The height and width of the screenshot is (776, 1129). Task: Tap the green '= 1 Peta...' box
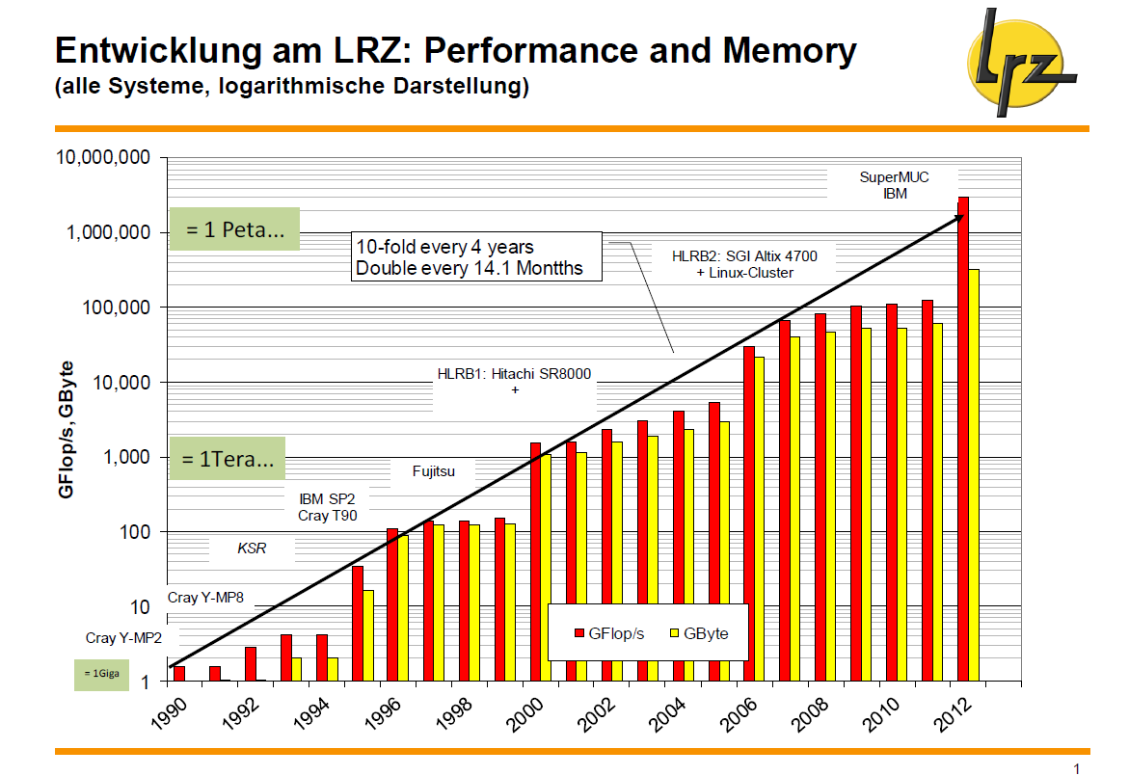point(234,229)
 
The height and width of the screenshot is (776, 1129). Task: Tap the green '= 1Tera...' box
point(228,459)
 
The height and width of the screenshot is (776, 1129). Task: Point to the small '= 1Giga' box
point(101,674)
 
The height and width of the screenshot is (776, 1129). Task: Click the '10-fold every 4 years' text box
point(476,256)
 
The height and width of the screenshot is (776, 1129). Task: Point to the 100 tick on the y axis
point(134,532)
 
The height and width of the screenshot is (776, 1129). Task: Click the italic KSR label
point(251,549)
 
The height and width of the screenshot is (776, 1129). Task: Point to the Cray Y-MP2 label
point(123,638)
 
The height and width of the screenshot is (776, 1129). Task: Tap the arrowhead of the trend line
point(959,218)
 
